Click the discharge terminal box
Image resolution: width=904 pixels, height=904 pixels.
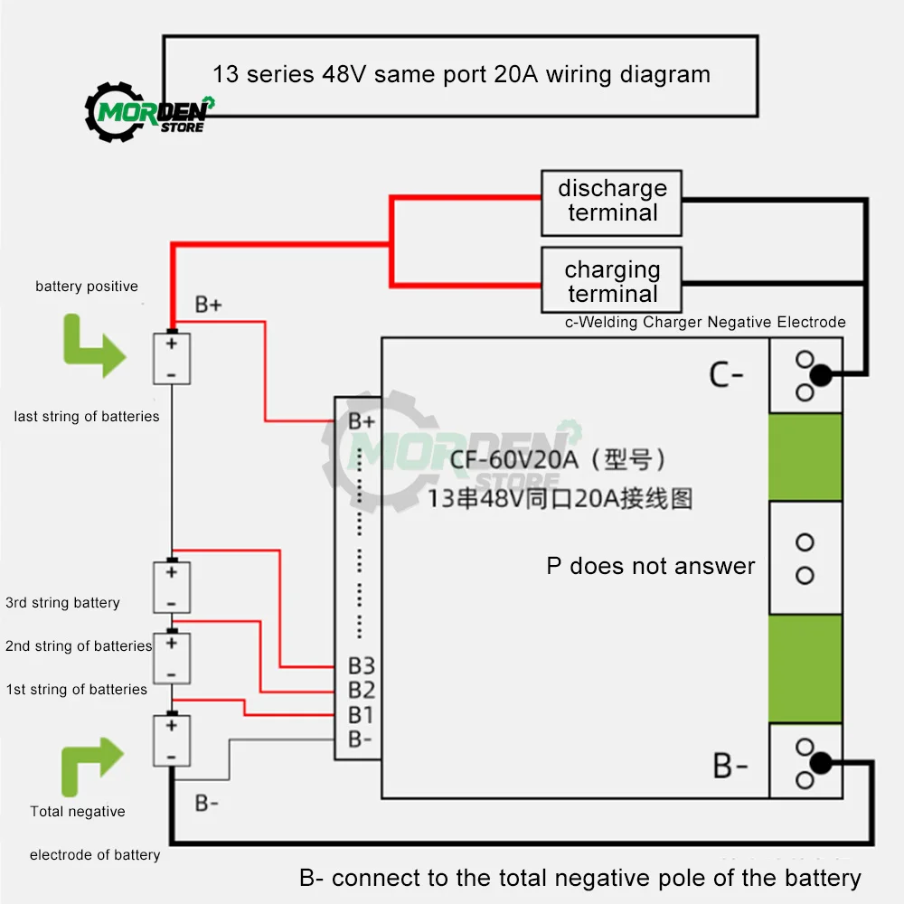pyautogui.click(x=612, y=201)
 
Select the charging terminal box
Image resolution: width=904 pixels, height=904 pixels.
pyautogui.click(x=612, y=281)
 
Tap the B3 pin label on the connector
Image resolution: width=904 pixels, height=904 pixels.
pyautogui.click(x=362, y=666)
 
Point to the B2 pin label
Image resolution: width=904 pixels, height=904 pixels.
pyautogui.click(x=362, y=691)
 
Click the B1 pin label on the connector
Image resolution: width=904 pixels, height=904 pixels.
pyautogui.click(x=362, y=715)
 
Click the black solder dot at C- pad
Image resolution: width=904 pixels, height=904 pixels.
pyautogui.click(x=820, y=375)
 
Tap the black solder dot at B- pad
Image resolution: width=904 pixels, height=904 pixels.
pyautogui.click(x=820, y=764)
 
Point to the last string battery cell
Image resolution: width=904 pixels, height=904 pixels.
pyautogui.click(x=172, y=358)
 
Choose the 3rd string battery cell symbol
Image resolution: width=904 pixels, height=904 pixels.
pyautogui.click(x=172, y=587)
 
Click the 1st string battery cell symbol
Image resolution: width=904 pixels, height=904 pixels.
pyautogui.click(x=172, y=740)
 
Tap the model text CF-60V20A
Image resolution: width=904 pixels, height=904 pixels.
pyautogui.click(x=513, y=460)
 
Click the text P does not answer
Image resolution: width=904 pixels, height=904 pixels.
pyautogui.click(x=651, y=566)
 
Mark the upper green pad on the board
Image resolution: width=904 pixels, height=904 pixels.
pyautogui.click(x=805, y=457)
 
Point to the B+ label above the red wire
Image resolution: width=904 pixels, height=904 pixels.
pyautogui.click(x=209, y=305)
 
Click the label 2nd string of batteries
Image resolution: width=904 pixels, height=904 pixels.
pyautogui.click(x=79, y=646)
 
